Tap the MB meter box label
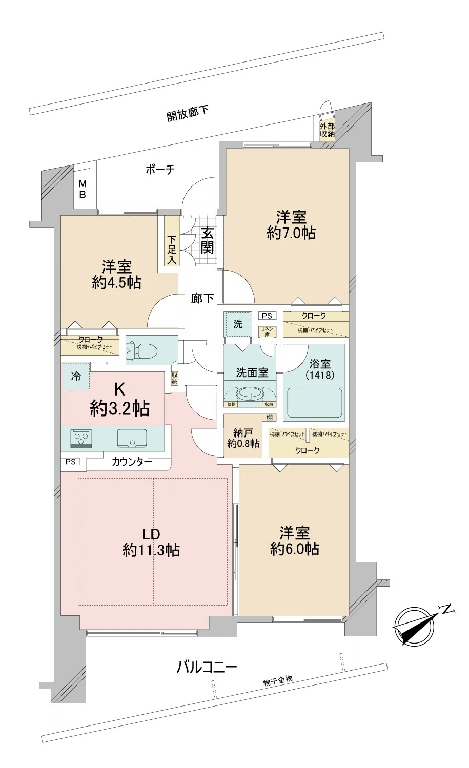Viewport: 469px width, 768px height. [82, 190]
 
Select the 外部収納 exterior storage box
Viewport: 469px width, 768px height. [327, 130]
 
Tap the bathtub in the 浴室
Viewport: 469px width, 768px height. [314, 403]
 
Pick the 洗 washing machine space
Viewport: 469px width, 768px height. [238, 324]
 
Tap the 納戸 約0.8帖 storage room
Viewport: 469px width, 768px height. [243, 439]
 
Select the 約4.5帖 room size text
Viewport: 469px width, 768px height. [117, 282]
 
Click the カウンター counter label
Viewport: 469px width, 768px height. [132, 462]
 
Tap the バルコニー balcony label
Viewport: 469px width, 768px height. [207, 667]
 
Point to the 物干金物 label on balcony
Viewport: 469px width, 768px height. [278, 681]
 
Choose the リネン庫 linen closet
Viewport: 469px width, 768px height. [267, 331]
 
